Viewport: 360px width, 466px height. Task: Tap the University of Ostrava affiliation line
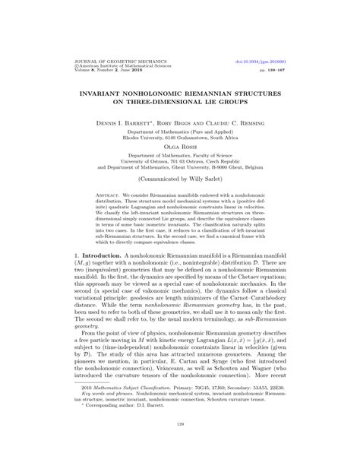coord(180,169)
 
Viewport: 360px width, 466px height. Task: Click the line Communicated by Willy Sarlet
coord(180,192)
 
